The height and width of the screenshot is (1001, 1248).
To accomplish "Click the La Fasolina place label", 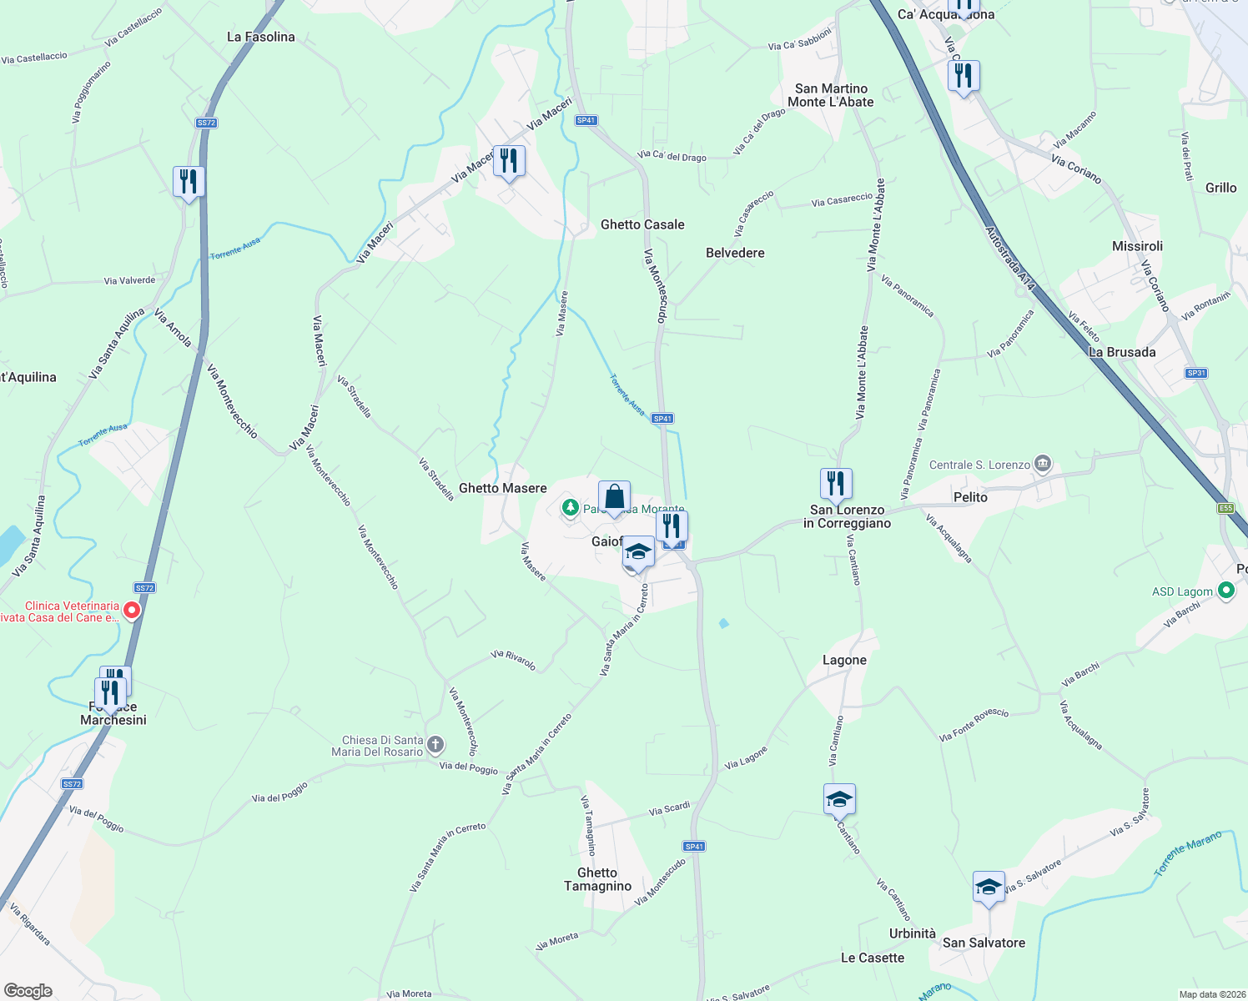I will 261,37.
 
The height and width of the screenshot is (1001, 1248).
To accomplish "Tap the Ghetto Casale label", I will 642,224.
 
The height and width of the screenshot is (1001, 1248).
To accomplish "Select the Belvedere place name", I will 735,253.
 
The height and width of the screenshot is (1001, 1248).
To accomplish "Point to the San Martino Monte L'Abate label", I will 831,95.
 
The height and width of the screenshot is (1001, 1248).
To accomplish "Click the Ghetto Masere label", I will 503,488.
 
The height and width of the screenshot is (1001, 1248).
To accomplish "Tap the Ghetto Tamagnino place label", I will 597,879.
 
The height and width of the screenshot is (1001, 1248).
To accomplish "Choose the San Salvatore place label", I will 984,943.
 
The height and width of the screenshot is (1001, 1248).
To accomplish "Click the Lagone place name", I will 844,660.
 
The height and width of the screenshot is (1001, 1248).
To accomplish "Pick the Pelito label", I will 970,497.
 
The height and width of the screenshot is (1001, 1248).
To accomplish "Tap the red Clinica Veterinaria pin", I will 132,611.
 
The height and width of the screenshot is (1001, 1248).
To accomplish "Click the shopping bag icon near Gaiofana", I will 614,498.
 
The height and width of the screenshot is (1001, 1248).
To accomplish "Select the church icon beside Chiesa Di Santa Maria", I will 435,744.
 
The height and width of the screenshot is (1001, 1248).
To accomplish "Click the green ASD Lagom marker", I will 1225,591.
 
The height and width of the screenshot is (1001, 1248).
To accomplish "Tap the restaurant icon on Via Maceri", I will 509,161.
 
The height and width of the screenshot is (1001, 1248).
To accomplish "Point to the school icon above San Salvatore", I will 989,888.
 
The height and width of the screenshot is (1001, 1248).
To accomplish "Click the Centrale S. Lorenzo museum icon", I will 1042,464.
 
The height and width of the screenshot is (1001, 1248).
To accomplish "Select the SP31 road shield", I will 1196,373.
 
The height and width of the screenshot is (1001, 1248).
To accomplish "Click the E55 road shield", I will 1225,508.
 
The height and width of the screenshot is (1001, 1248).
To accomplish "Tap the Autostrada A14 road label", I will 1010,259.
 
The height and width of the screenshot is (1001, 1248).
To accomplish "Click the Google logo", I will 28,990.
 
